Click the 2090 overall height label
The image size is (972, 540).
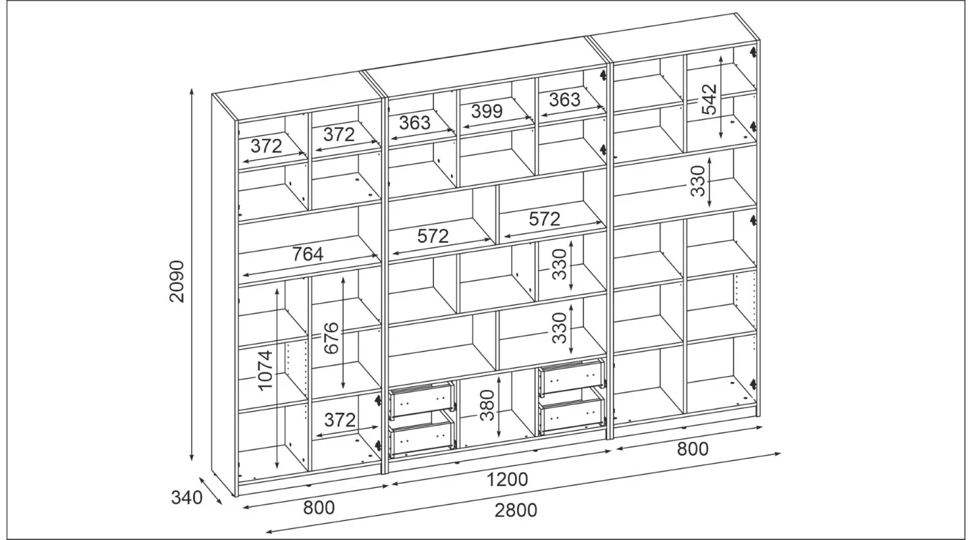[x=177, y=281]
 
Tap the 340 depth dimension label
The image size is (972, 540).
[x=186, y=497]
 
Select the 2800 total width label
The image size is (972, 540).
[x=516, y=510]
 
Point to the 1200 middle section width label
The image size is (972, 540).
[x=508, y=480]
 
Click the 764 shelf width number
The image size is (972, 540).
[x=308, y=254]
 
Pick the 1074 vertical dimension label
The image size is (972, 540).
[x=265, y=371]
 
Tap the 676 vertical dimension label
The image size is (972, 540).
[x=331, y=337]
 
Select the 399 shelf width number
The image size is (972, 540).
[x=487, y=111]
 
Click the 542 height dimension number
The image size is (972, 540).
[x=709, y=99]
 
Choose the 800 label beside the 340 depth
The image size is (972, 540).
[x=319, y=508]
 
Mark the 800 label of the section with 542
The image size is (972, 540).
[x=693, y=449]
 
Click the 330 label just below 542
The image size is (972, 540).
[x=698, y=181]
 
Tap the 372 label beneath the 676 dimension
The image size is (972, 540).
[x=340, y=420]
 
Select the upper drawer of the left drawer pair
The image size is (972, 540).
[x=422, y=400]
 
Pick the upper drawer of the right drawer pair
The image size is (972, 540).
[x=572, y=377]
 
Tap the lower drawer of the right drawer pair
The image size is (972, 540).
[x=572, y=412]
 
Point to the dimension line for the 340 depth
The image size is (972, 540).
[x=211, y=491]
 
